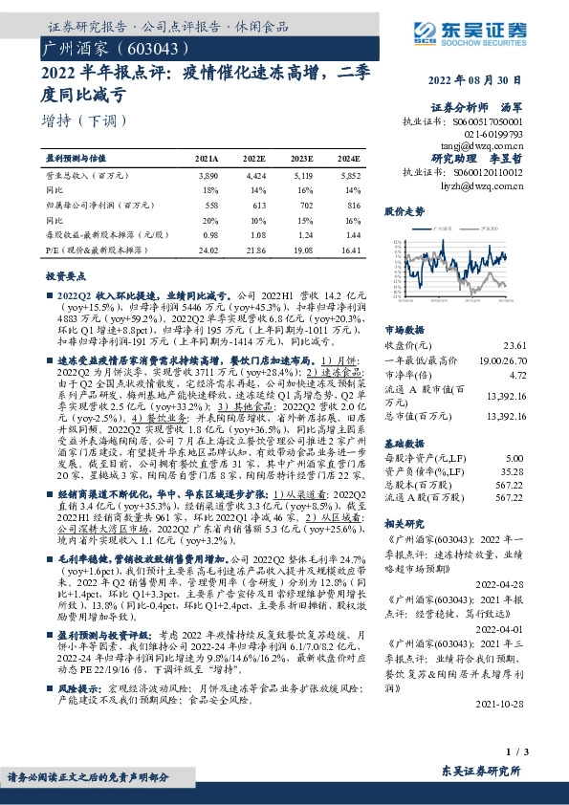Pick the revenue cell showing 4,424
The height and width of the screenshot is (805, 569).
(x=255, y=177)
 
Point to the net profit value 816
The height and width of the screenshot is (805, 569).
(x=354, y=205)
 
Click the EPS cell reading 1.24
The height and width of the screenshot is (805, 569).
(x=304, y=233)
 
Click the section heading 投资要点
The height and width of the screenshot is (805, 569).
(x=67, y=275)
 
